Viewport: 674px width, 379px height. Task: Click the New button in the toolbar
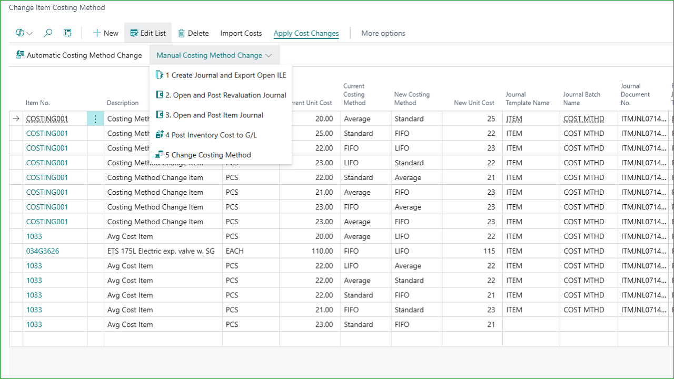coord(106,33)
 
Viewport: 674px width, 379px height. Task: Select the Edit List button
coord(148,33)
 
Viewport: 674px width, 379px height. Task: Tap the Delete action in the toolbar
coord(193,33)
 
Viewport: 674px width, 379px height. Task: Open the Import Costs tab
coord(241,33)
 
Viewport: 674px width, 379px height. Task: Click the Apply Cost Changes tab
coord(306,33)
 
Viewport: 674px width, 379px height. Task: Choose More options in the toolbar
coord(383,33)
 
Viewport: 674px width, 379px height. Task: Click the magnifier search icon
coord(47,33)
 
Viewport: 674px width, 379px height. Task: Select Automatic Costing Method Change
coord(79,55)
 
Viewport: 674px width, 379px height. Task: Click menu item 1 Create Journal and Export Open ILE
coord(221,75)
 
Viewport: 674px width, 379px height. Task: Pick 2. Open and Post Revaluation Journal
coord(221,95)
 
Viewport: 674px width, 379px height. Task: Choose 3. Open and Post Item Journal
coord(210,115)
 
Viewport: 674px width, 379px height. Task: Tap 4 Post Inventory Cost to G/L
coord(206,135)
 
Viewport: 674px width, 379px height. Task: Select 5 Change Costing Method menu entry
coord(203,155)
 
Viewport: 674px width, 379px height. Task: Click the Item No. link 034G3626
coord(43,251)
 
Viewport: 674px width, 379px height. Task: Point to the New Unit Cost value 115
coord(489,251)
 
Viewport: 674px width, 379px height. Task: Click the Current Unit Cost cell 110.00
coord(322,251)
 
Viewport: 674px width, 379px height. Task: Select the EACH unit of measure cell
coord(235,251)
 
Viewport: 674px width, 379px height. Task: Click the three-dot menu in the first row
coord(95,119)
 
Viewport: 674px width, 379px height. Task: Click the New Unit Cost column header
coord(474,103)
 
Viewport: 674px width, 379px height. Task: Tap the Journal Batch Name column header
coord(582,98)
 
